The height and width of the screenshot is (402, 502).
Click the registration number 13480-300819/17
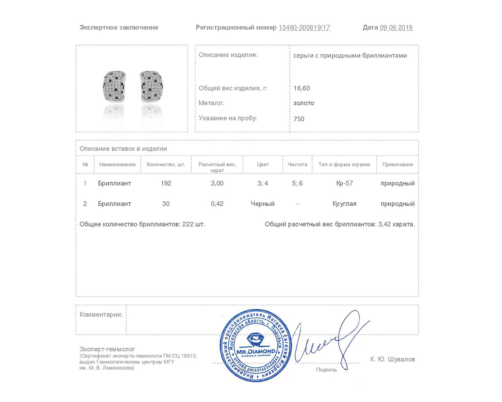pyautogui.click(x=304, y=27)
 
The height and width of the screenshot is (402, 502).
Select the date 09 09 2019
pyautogui.click(x=396, y=27)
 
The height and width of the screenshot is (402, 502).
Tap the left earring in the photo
pyautogui.click(x=114, y=86)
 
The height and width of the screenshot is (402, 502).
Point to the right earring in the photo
pyautogui.click(x=151, y=86)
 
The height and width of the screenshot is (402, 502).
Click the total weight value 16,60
pyautogui.click(x=302, y=88)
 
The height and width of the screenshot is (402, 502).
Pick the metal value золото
pyautogui.click(x=304, y=103)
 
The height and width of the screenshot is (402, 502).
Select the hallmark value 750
pyautogui.click(x=299, y=119)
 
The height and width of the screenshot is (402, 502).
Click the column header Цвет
pyautogui.click(x=263, y=164)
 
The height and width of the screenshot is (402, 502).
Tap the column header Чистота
pyautogui.click(x=297, y=164)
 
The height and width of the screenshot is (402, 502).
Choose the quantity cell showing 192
pyautogui.click(x=166, y=183)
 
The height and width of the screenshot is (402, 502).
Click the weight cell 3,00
pyautogui.click(x=217, y=183)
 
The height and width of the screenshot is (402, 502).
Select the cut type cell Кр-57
pyautogui.click(x=344, y=183)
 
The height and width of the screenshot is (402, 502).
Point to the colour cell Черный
pyautogui.click(x=263, y=204)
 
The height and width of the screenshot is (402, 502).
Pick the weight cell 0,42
pyautogui.click(x=217, y=204)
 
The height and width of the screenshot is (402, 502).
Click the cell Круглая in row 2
pyautogui.click(x=344, y=204)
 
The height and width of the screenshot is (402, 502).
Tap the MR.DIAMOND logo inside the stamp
pyautogui.click(x=256, y=345)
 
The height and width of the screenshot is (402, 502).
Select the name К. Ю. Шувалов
pyautogui.click(x=393, y=359)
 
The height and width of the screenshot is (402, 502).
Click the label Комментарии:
pyautogui.click(x=101, y=314)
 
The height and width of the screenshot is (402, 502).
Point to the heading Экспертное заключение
pyautogui.click(x=119, y=27)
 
